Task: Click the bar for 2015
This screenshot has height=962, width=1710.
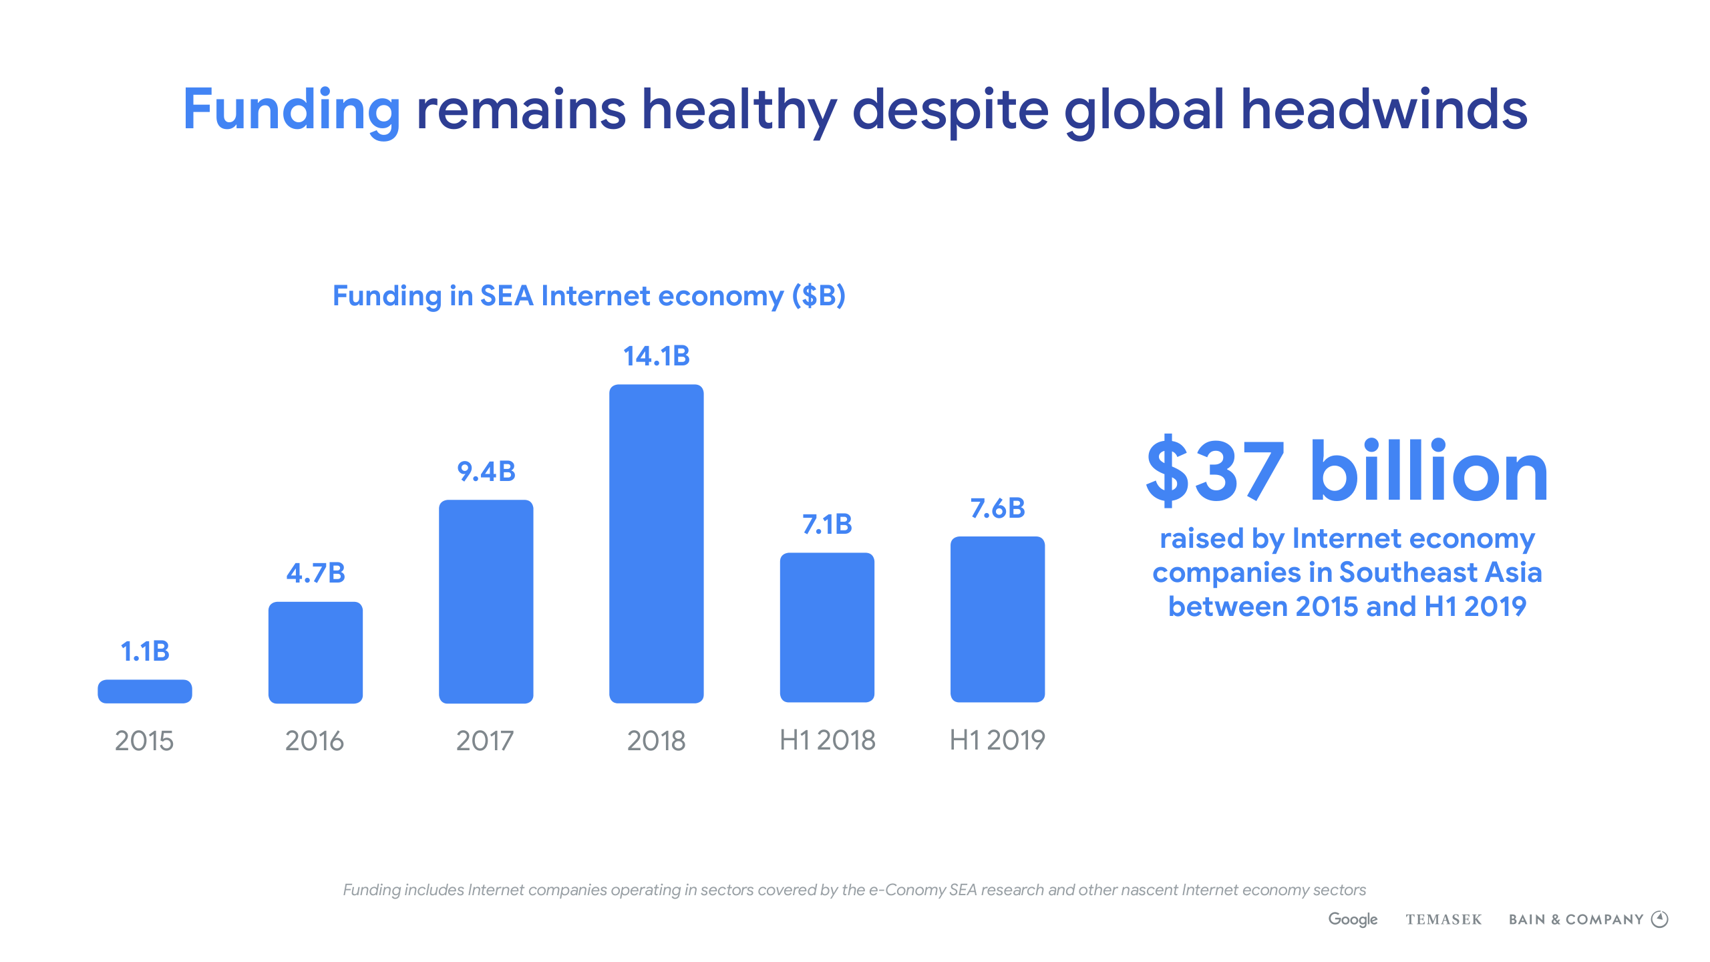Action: (x=145, y=691)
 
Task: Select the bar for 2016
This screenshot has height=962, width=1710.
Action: (x=315, y=653)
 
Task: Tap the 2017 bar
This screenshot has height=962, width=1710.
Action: (x=486, y=601)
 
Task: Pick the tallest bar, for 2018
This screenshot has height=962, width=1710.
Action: (x=656, y=544)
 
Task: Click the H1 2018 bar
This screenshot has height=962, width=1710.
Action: (x=827, y=627)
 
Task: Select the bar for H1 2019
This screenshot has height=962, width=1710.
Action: (x=997, y=619)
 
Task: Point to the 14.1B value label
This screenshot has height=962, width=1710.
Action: (x=656, y=356)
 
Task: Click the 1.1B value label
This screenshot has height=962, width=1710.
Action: (x=145, y=651)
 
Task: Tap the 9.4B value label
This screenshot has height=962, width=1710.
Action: (x=486, y=472)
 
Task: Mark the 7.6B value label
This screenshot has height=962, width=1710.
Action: (x=997, y=508)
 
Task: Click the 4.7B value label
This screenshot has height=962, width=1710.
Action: (x=315, y=573)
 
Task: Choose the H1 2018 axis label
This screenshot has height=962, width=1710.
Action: (x=827, y=740)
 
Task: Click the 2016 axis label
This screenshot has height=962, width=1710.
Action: (x=315, y=741)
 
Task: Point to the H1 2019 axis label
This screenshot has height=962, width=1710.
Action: (x=997, y=740)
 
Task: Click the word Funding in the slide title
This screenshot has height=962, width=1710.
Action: (x=292, y=110)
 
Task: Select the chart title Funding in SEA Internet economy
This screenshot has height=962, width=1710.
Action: (x=589, y=296)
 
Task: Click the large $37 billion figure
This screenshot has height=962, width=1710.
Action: (x=1347, y=472)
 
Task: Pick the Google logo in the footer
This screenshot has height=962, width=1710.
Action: (x=1353, y=919)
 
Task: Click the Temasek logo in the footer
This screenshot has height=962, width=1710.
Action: (x=1443, y=920)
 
